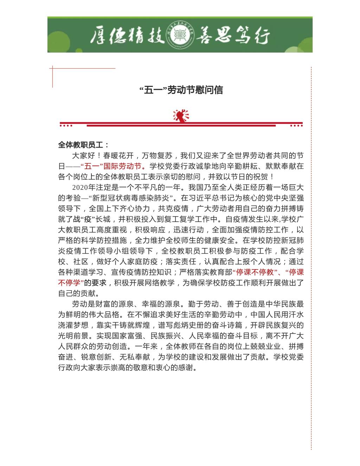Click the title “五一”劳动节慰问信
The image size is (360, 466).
pos(181,90)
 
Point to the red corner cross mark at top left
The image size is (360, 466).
pos(53,69)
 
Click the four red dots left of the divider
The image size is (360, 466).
pos(66,125)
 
